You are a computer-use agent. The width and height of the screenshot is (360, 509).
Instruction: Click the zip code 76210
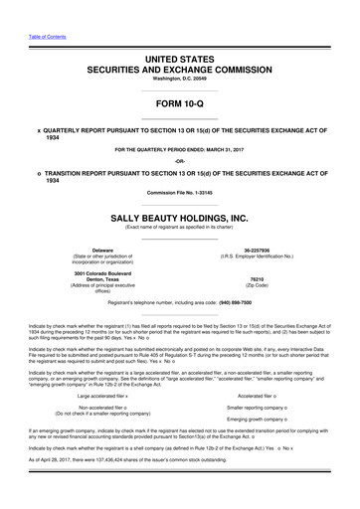click(264, 279)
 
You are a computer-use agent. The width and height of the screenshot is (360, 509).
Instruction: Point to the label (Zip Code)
click(264, 286)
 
